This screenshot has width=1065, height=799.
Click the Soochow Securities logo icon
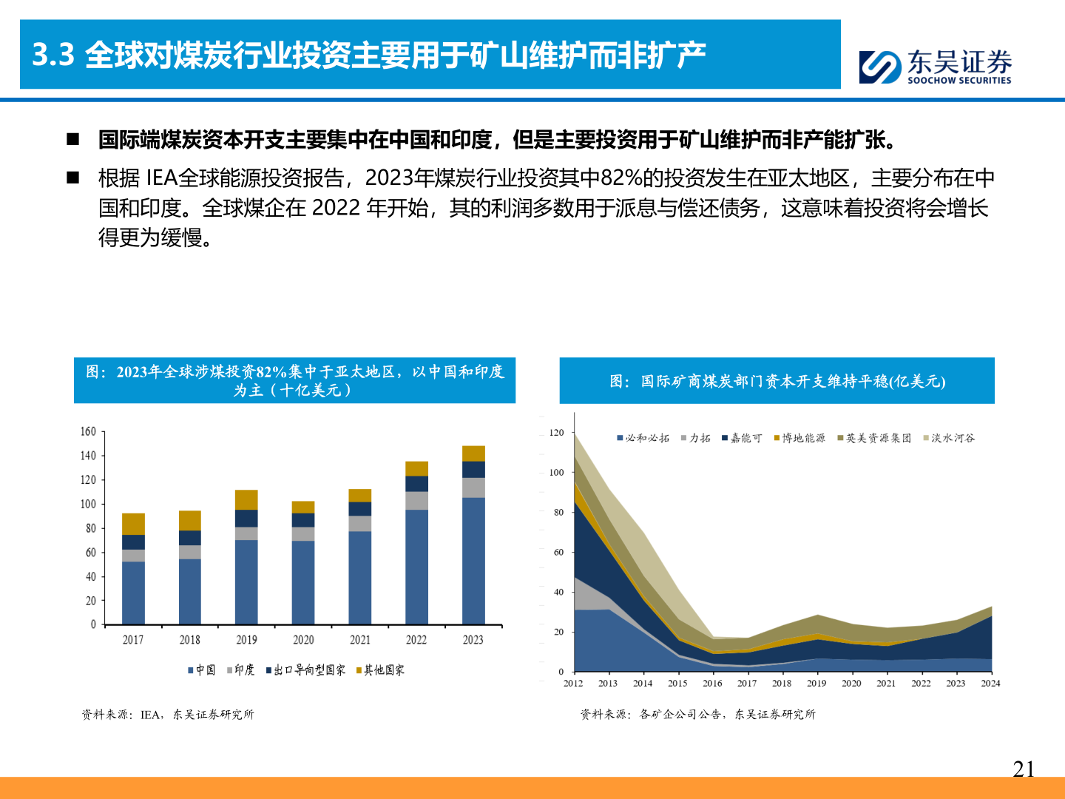pos(880,67)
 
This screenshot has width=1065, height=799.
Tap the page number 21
pos(1024,769)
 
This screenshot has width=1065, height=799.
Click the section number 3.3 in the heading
pos(53,55)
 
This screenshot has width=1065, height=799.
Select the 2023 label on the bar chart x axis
pos(473,640)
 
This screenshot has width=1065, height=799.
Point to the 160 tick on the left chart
pos(88,431)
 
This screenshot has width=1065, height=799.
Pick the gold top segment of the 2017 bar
pos(133,524)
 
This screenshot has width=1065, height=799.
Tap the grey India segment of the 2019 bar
pos(246,533)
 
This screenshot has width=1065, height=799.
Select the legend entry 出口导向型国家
pos(305,670)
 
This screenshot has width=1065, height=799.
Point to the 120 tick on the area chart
pos(556,432)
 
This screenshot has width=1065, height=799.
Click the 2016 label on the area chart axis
pos(712,684)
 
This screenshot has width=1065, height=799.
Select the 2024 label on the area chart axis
pos(990,684)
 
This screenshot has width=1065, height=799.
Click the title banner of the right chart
pos(777,381)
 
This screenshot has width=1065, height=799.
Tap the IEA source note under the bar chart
pos(168,715)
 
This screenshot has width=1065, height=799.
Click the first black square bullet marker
pos(73,139)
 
